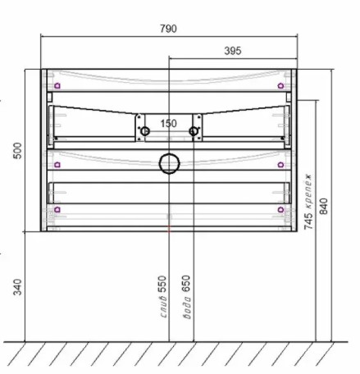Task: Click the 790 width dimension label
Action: click(x=168, y=29)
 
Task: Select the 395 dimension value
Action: click(x=233, y=51)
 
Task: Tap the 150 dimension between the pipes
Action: click(x=168, y=124)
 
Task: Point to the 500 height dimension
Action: click(x=17, y=151)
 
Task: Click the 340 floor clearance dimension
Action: click(x=17, y=287)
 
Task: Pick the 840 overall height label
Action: click(x=324, y=207)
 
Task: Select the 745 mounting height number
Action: click(x=308, y=221)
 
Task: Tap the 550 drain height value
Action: click(x=162, y=285)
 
